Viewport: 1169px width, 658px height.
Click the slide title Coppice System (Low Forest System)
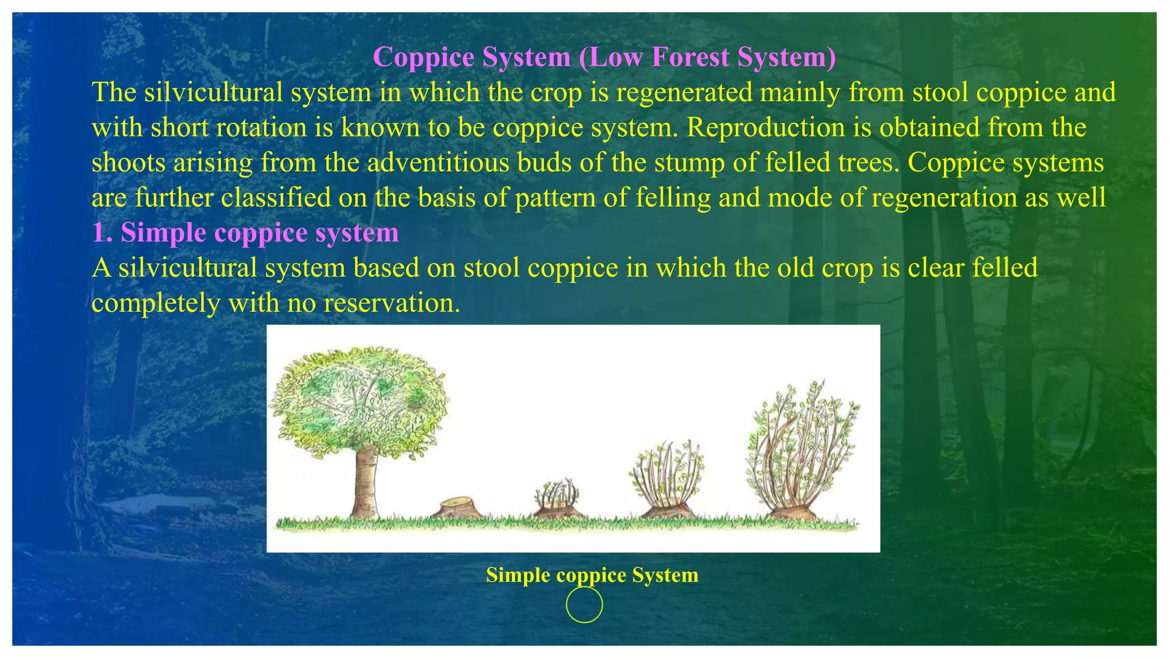pyautogui.click(x=604, y=57)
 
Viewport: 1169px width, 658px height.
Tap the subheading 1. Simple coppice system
pyautogui.click(x=245, y=233)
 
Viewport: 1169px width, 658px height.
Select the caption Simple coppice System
pyautogui.click(x=592, y=575)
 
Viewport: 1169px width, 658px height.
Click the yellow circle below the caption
pyautogui.click(x=584, y=604)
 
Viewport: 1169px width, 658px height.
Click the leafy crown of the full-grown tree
pyautogui.click(x=358, y=400)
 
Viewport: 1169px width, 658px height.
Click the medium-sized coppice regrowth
pyautogui.click(x=667, y=480)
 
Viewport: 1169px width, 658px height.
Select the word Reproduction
pyautogui.click(x=765, y=127)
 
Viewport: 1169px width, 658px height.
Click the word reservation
pyautogui.click(x=392, y=303)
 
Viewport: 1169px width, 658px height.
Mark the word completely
pyautogui.click(x=156, y=303)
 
